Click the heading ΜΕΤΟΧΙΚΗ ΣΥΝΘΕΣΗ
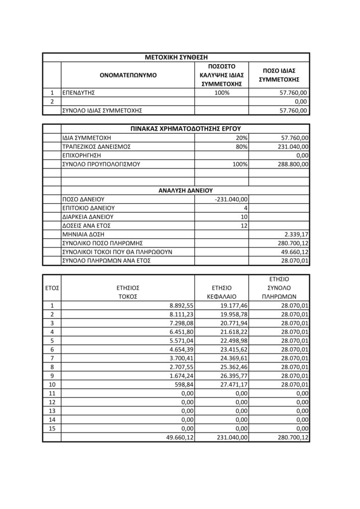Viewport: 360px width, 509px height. click(x=177, y=57)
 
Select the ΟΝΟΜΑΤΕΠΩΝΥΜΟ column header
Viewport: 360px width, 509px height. click(x=127, y=75)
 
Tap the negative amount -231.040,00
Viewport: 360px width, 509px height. click(x=232, y=199)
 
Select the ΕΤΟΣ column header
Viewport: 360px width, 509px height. click(x=52, y=287)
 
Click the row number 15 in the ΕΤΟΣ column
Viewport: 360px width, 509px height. click(x=52, y=428)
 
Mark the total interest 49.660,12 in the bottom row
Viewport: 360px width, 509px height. click(x=177, y=437)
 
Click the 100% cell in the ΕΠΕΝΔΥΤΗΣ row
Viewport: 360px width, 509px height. click(x=221, y=92)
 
